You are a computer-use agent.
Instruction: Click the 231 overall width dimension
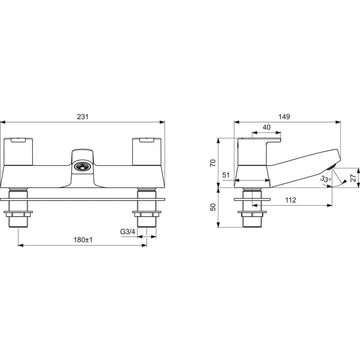[83, 117]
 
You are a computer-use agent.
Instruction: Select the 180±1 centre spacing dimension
[82, 240]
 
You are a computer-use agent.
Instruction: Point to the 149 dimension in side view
[284, 117]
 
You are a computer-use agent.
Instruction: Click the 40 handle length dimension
[266, 127]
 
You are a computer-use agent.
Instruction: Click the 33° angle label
[325, 179]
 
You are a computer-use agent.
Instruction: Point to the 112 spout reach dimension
[290, 200]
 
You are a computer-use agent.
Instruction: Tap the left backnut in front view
[18, 214]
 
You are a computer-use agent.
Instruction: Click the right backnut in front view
[146, 214]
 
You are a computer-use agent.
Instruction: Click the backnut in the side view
[252, 214]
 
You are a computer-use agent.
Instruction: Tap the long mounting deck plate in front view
[82, 199]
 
